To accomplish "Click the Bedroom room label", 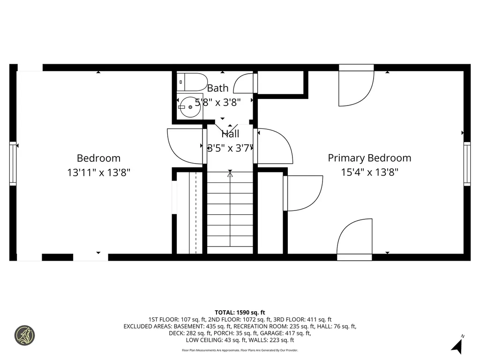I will click(98, 158).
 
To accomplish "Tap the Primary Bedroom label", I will click(369, 158).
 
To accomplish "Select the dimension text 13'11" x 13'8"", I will click(98, 172).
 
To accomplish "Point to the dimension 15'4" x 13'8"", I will click(369, 172).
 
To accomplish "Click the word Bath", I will click(218, 88).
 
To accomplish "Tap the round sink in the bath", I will click(189, 106).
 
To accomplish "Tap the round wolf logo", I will click(25, 335).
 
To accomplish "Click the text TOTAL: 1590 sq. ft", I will click(240, 312).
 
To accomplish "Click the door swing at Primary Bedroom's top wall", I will click(356, 87).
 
